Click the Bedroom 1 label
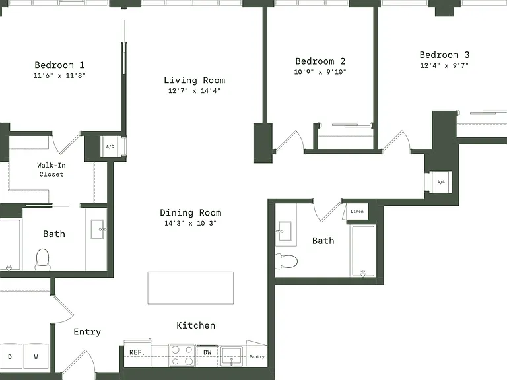[x=59, y=65]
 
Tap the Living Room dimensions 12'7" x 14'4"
[x=194, y=91]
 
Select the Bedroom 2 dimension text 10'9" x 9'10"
[x=320, y=72]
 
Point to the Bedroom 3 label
[x=444, y=55]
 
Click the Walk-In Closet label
[x=51, y=170]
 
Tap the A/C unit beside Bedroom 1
[x=110, y=146]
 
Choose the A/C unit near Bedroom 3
[x=441, y=182]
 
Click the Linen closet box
[x=357, y=212]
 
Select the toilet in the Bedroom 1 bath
[x=43, y=259]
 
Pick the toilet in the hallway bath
[x=287, y=261]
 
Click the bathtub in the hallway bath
[x=363, y=251]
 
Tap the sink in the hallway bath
[x=285, y=232]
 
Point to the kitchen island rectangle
[x=190, y=288]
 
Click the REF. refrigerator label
[x=137, y=352]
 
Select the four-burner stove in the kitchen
[x=182, y=356]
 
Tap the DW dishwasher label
[x=207, y=352]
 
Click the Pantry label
[x=257, y=357]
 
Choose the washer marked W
[x=36, y=356]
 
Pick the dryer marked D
[x=10, y=356]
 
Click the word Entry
[x=87, y=332]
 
